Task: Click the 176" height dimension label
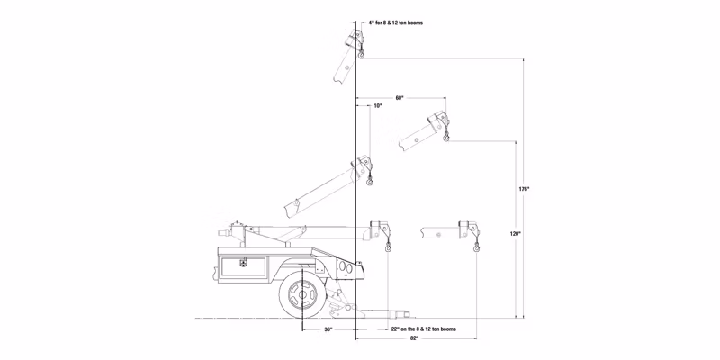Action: coord(524,189)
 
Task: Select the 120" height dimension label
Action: coord(515,234)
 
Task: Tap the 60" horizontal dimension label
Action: coord(399,98)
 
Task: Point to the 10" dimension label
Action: coord(377,105)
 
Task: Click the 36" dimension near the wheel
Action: coord(328,329)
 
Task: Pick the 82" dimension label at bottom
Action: coord(414,338)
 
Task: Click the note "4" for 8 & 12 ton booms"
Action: coord(395,22)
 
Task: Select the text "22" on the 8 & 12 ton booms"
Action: coord(423,329)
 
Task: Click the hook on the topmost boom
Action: coord(362,56)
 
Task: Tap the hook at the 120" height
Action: coord(446,138)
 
